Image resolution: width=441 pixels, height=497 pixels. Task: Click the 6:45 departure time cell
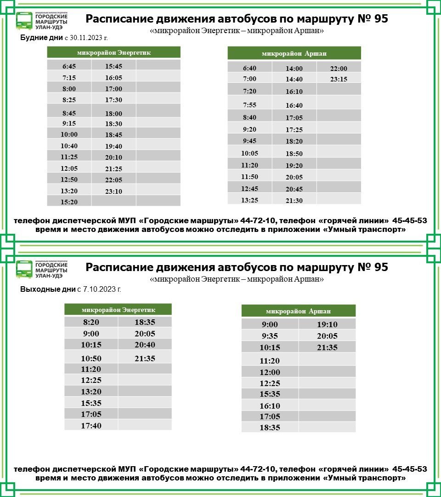coord(69,66)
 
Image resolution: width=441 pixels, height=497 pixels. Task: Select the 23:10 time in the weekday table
coord(113,191)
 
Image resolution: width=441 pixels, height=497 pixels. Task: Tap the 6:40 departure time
coord(249,68)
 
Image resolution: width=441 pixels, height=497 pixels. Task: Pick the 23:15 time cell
coord(339,79)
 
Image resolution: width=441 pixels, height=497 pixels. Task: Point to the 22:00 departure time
coord(339,69)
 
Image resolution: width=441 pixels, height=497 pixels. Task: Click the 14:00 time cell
coord(294,69)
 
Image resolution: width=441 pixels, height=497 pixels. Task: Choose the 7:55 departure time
coord(249,105)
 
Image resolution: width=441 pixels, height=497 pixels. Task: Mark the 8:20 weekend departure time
coord(90,322)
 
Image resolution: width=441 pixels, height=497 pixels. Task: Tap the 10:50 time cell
coord(90,358)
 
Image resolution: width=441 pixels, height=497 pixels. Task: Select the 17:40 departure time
coord(90,426)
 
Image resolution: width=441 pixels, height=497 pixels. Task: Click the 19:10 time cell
coord(327,324)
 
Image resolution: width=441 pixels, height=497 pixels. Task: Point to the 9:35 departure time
coord(270,336)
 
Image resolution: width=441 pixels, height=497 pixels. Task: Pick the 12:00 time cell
coord(270,372)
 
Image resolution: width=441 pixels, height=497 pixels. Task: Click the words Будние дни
coord(42,38)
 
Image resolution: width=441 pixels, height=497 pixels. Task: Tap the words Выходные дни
coord(47,289)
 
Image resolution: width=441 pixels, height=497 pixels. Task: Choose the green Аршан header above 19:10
coord(298,311)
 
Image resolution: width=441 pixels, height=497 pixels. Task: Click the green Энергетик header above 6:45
coord(113,52)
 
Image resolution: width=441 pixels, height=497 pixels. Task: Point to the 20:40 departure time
coord(145,345)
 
